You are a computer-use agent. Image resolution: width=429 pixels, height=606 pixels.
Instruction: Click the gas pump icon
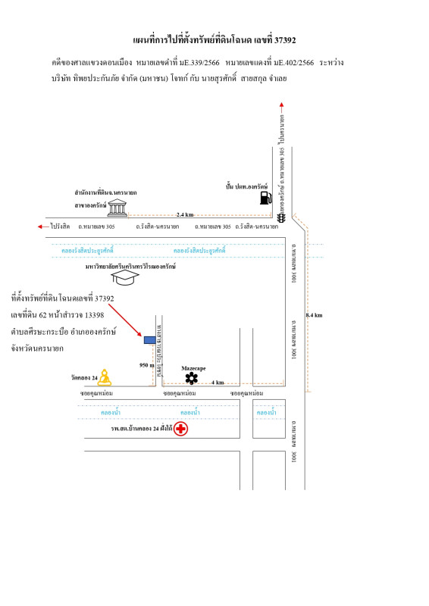pos(265,198)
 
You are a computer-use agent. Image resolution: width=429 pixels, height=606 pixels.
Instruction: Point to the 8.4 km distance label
pos(315,314)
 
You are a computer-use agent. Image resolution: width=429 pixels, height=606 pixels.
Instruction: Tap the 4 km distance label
pos(218,383)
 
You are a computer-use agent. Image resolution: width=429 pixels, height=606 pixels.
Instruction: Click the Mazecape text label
pos(193,367)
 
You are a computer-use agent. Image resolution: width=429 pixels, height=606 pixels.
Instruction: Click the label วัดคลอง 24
pos(84,377)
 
